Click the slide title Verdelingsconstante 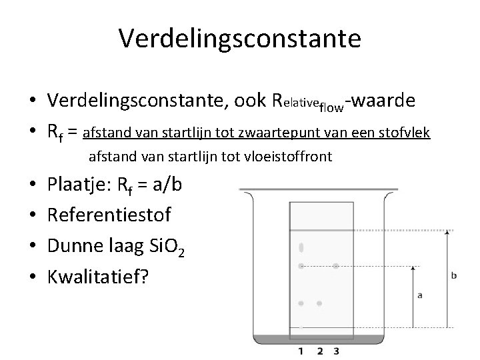pyautogui.click(x=240, y=38)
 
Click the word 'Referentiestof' pyautogui.click(x=109, y=215)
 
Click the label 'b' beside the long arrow pyautogui.click(x=453, y=275)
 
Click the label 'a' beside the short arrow pyautogui.click(x=419, y=295)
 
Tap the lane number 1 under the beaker pyautogui.click(x=301, y=351)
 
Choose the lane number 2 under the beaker pyautogui.click(x=319, y=351)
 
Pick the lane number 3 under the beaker pyautogui.click(x=337, y=351)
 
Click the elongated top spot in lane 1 pyautogui.click(x=301, y=247)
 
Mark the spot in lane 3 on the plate pyautogui.click(x=336, y=266)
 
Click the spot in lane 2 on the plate pyautogui.click(x=319, y=303)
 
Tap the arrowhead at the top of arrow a pyautogui.click(x=414, y=268)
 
